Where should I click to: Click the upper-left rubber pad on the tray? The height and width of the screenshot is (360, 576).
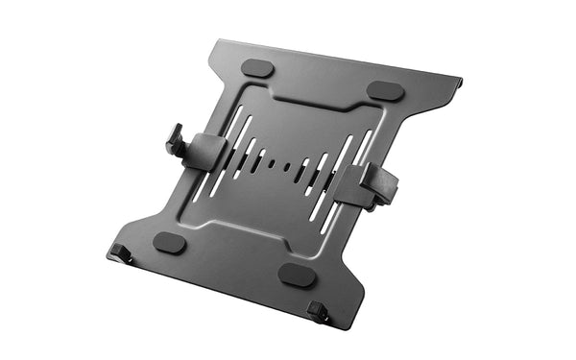tap(256, 68)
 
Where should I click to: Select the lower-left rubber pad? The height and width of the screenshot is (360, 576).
tap(170, 242)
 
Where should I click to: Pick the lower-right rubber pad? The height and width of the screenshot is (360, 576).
tap(298, 275)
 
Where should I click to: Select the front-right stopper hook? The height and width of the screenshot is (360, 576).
tap(318, 311)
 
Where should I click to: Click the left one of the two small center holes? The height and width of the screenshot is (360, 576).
tap(272, 163)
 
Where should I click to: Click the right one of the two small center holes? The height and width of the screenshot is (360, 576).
tap(285, 166)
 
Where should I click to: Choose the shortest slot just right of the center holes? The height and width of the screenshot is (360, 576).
tap(298, 169)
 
